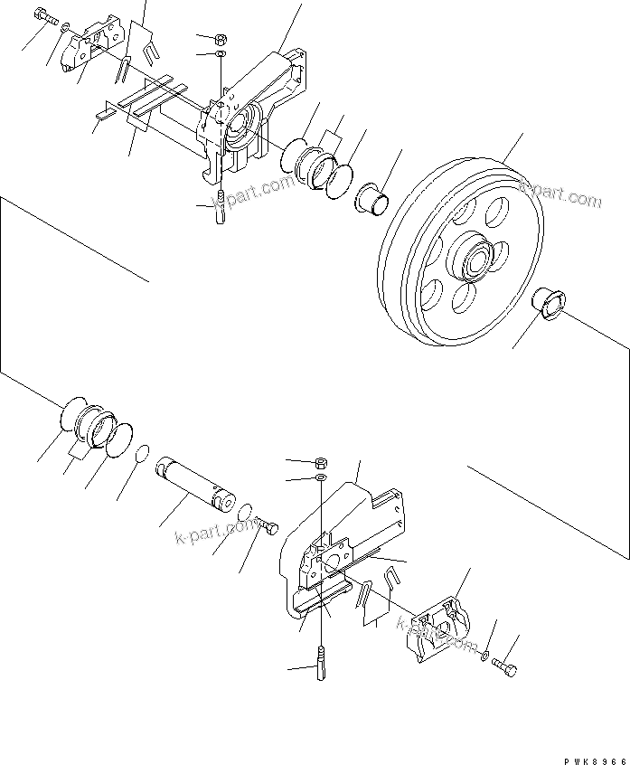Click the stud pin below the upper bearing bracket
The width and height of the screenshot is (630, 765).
point(221,213)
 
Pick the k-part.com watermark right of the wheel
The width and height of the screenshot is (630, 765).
point(560,194)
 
